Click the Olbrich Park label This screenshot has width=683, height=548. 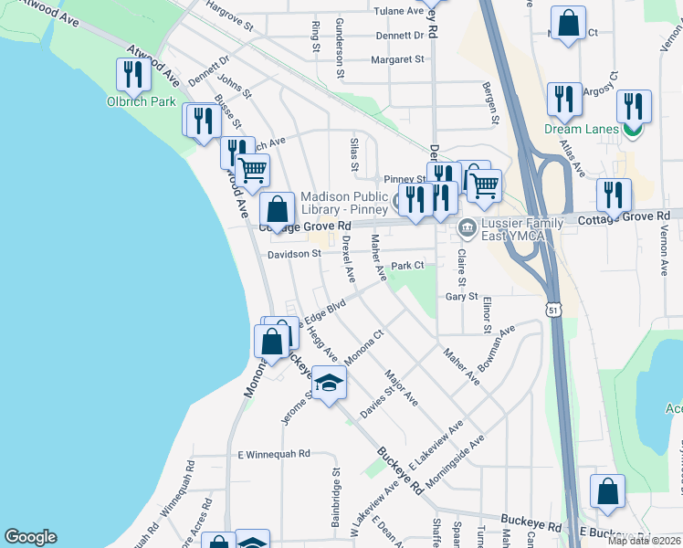[x=141, y=101]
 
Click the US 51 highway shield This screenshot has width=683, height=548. [x=553, y=311]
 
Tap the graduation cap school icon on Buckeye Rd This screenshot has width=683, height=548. [x=329, y=382]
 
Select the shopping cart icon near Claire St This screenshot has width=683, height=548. [x=484, y=185]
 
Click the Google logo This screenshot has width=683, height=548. [x=31, y=537]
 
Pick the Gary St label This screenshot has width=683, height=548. [x=461, y=297]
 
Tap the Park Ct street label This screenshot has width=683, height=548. [x=408, y=266]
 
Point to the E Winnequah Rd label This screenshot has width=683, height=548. [x=274, y=453]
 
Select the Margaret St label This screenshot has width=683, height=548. [x=397, y=59]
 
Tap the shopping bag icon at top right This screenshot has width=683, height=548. [x=569, y=25]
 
